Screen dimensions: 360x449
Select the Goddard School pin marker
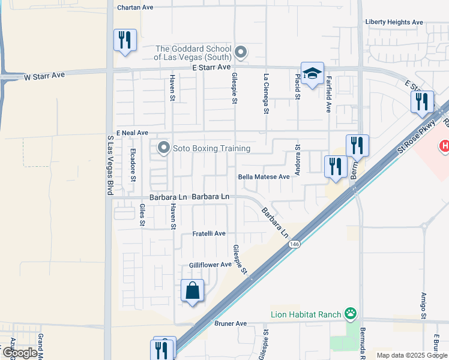tap(241, 53)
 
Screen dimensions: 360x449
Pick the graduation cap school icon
tap(312, 73)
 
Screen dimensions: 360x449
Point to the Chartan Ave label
tap(136, 7)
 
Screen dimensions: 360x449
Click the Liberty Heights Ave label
tap(394, 22)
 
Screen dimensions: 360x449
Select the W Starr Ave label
tap(44, 76)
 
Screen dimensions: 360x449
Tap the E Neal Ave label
tap(132, 133)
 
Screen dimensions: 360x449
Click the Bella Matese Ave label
tap(264, 177)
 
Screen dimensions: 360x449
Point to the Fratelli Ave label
tap(209, 233)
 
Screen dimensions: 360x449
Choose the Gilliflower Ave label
tap(210, 265)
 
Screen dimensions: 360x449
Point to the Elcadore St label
tap(133, 166)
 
